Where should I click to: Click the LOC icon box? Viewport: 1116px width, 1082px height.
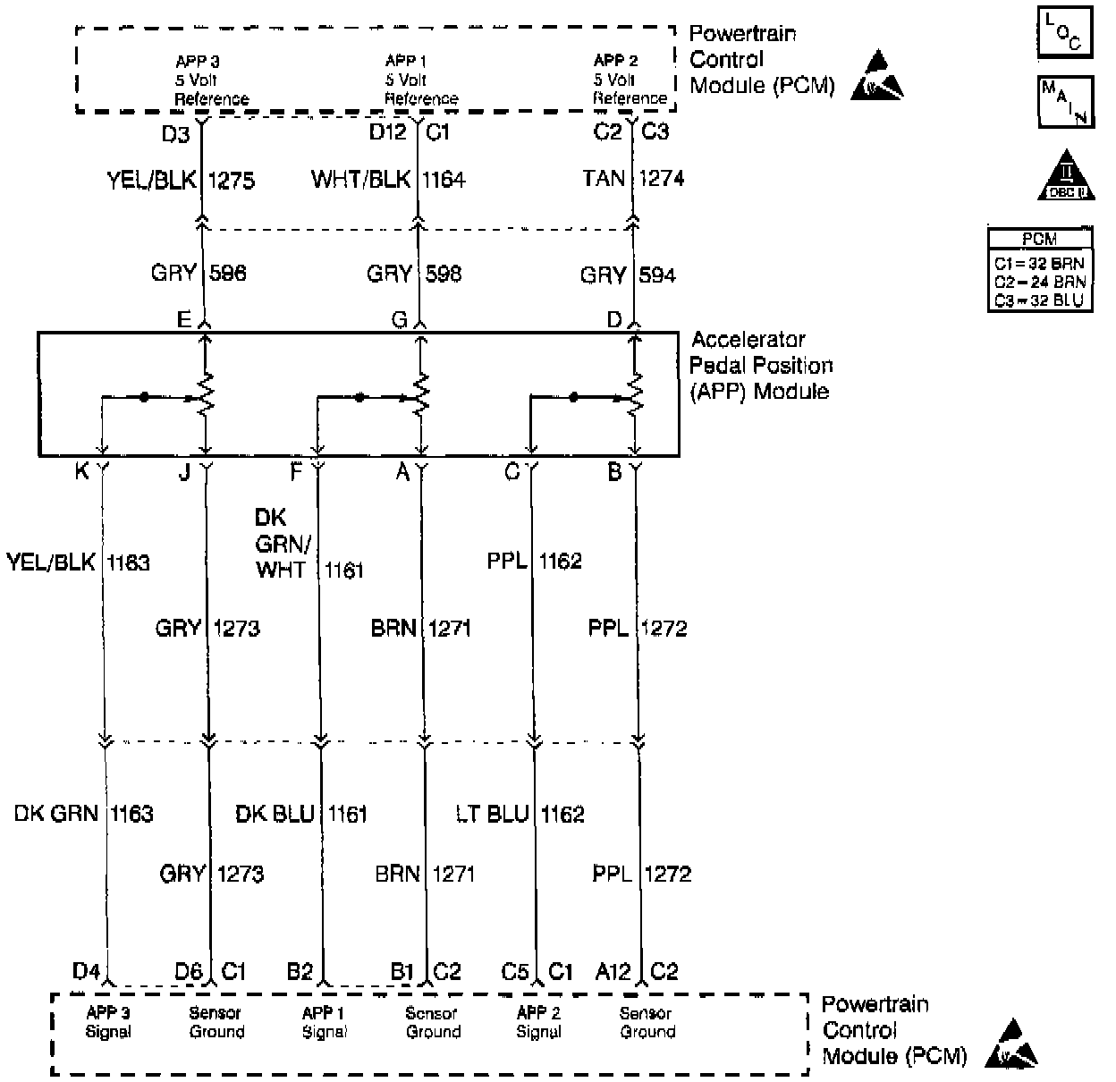pyautogui.click(x=1064, y=34)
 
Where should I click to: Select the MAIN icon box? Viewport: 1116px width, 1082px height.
pyautogui.click(x=1064, y=102)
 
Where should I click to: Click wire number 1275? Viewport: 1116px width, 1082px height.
pyautogui.click(x=231, y=181)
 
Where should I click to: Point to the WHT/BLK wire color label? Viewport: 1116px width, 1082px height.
pyautogui.click(x=360, y=180)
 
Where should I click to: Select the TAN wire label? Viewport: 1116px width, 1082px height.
pyautogui.click(x=604, y=179)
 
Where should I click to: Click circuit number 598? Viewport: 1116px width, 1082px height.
pyautogui.click(x=444, y=274)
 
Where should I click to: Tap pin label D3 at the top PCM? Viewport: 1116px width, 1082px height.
pyautogui.click(x=175, y=134)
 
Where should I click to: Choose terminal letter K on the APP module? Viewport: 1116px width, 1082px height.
pyautogui.click(x=81, y=472)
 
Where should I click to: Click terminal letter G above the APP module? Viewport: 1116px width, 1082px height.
pyautogui.click(x=399, y=319)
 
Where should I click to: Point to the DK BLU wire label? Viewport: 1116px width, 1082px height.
pyautogui.click(x=275, y=814)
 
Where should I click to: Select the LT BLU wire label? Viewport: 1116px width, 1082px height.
pyautogui.click(x=492, y=814)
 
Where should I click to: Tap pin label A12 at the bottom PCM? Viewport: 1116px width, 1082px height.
pyautogui.click(x=613, y=971)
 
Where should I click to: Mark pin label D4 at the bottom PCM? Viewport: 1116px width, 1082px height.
pyautogui.click(x=87, y=971)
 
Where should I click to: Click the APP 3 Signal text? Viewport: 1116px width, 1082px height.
pyautogui.click(x=108, y=1022)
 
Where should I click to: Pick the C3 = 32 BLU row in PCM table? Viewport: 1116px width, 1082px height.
pyautogui.click(x=1039, y=300)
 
